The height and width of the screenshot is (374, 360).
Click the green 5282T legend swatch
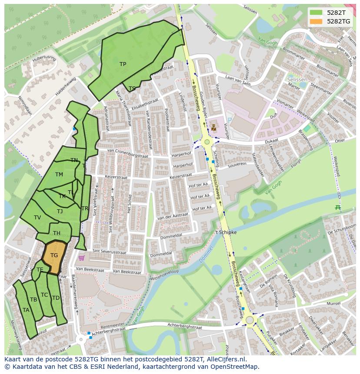pyautogui.click(x=316, y=13)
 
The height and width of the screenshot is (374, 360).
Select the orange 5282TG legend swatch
pyautogui.click(x=316, y=21)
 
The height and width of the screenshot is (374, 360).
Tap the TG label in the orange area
pyautogui.click(x=54, y=255)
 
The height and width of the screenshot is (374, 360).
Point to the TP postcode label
pyautogui.click(x=123, y=64)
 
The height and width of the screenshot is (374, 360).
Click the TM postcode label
pyautogui.click(x=59, y=175)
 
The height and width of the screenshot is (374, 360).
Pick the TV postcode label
pyautogui.click(x=37, y=218)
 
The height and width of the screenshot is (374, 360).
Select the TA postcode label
pyautogui.click(x=26, y=310)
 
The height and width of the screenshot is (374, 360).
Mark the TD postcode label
pyautogui.click(x=56, y=298)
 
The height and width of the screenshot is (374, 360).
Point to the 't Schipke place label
pyautogui.click(x=226, y=232)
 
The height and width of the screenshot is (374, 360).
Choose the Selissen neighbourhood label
pyautogui.click(x=297, y=80)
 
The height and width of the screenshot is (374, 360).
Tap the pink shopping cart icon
pyautogui.click(x=81, y=258)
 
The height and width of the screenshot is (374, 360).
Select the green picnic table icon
pyautogui.click(x=337, y=207)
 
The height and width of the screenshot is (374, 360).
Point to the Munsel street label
pyautogui.click(x=333, y=303)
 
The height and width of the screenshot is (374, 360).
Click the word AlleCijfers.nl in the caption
pyautogui.click(x=226, y=359)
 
